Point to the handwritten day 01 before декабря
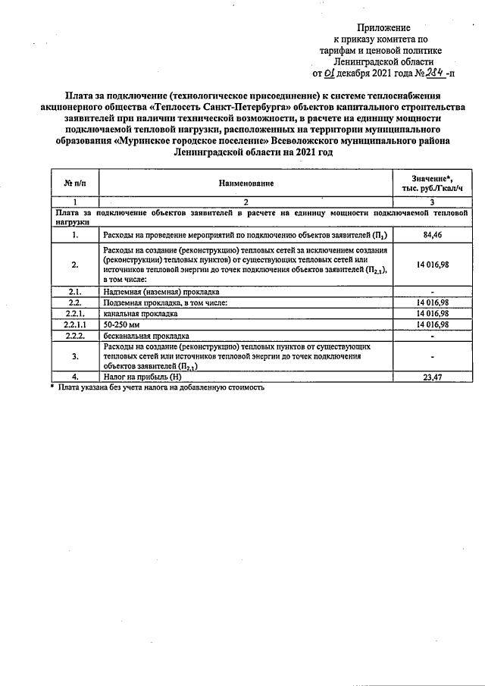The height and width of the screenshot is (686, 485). (x=329, y=74)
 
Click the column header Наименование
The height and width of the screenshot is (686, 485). (x=246, y=183)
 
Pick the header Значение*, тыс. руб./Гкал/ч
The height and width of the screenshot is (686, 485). (x=432, y=183)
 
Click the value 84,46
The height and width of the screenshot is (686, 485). (x=432, y=236)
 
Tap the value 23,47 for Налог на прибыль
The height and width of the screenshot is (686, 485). (x=432, y=377)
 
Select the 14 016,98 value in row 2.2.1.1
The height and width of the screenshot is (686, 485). (x=432, y=324)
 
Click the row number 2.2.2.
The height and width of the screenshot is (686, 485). (x=75, y=335)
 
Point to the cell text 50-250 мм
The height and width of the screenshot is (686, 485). (x=121, y=324)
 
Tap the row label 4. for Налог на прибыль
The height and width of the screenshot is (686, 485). (x=75, y=377)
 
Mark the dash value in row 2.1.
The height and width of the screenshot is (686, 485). (x=432, y=292)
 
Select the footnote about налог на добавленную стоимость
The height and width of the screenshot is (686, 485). (x=160, y=387)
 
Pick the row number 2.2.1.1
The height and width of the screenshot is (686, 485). (x=75, y=324)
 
